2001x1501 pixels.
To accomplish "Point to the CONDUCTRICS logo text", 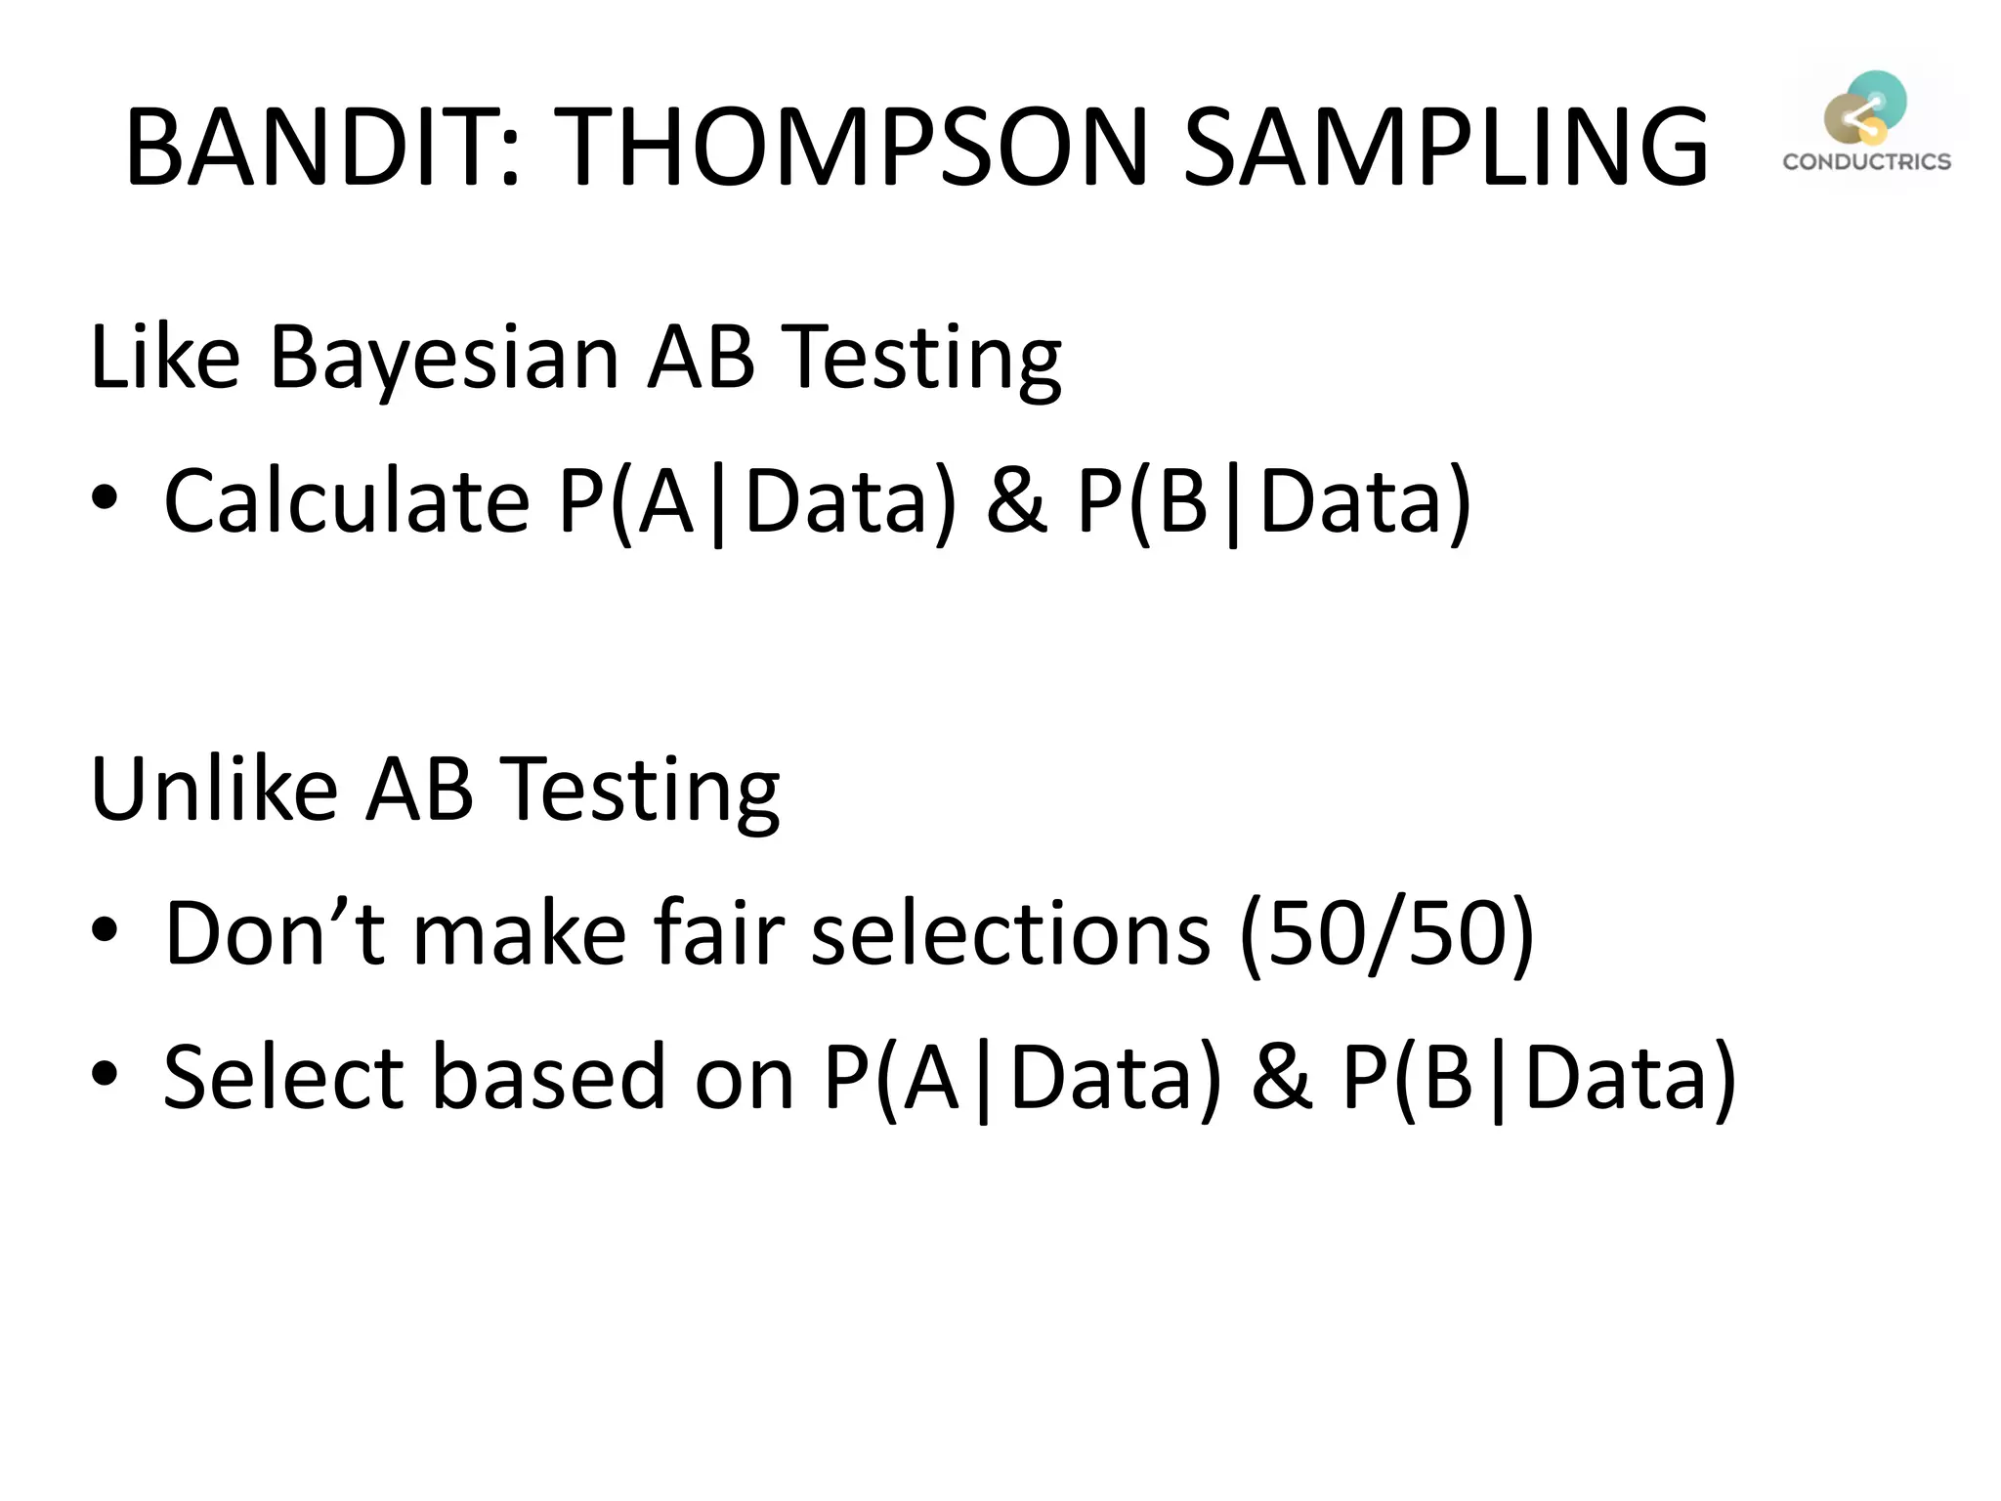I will pos(1866,162).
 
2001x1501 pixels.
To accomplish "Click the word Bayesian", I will pos(444,358).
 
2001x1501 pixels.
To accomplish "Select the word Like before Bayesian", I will pos(164,358).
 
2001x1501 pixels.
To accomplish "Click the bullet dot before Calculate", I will pos(105,498).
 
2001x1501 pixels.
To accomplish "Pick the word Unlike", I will pos(213,790).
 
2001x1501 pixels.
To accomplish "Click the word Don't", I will pos(275,932).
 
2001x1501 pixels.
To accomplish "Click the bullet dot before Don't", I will pos(105,930).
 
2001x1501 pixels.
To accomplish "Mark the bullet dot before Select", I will pos(105,1074).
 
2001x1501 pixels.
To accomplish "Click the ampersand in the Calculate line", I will pos(1016,500).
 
